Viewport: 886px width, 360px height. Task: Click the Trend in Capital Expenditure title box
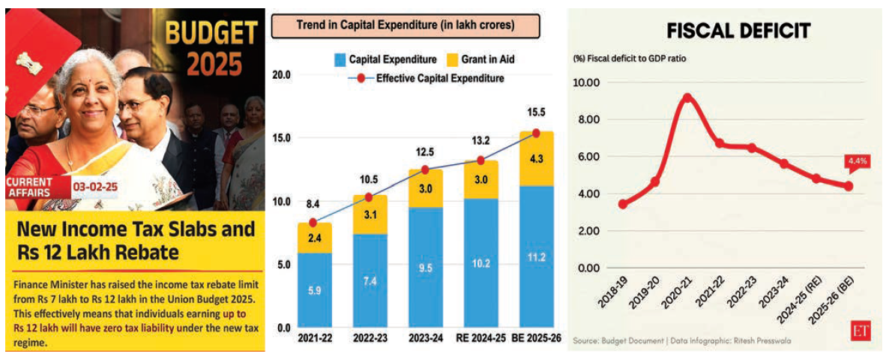[405, 25]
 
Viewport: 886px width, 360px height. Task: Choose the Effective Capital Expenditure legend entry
[431, 77]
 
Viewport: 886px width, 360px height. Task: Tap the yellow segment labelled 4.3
[536, 159]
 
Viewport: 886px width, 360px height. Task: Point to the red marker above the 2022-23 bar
[368, 197]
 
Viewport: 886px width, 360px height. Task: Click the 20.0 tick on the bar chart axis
[281, 76]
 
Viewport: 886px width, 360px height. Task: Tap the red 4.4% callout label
[855, 160]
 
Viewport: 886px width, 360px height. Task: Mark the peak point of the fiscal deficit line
[687, 97]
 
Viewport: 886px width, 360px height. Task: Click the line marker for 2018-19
[623, 204]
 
